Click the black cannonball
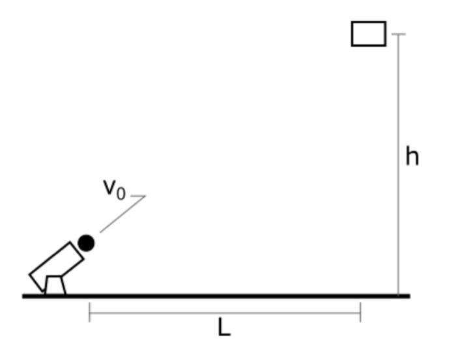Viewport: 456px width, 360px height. pyautogui.click(x=86, y=243)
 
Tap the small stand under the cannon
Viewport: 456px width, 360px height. pyautogui.click(x=55, y=285)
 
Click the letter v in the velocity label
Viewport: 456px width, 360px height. pyautogui.click(x=109, y=187)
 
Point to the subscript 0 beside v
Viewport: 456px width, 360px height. pyautogui.click(x=120, y=193)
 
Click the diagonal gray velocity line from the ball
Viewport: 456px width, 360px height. pyautogui.click(x=122, y=214)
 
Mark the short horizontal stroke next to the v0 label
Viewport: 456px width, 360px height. pyautogui.click(x=138, y=195)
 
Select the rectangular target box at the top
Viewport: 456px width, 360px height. pyautogui.click(x=369, y=34)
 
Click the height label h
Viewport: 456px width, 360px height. pyautogui.click(x=412, y=157)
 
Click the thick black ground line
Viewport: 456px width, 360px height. pyautogui.click(x=215, y=296)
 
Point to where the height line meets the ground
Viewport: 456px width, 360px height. pyautogui.click(x=399, y=296)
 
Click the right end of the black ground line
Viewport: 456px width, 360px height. pyautogui.click(x=408, y=296)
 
